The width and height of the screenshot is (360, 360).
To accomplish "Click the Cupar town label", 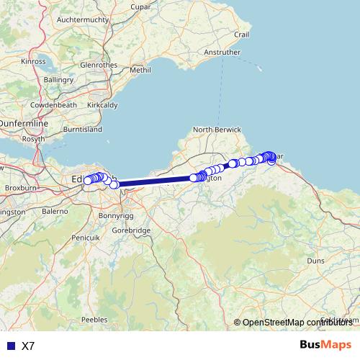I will tap(140, 6).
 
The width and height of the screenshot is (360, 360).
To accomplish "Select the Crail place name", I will tap(240, 34).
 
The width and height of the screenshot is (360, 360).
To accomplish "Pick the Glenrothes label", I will tap(98, 64).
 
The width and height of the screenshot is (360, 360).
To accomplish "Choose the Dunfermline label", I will tap(24, 124).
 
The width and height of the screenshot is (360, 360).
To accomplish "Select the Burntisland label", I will tap(83, 130).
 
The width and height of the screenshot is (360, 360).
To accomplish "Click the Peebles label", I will tap(94, 318).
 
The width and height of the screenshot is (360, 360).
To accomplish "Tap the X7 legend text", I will tap(28, 346).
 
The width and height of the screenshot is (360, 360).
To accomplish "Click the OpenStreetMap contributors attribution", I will tap(297, 322).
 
